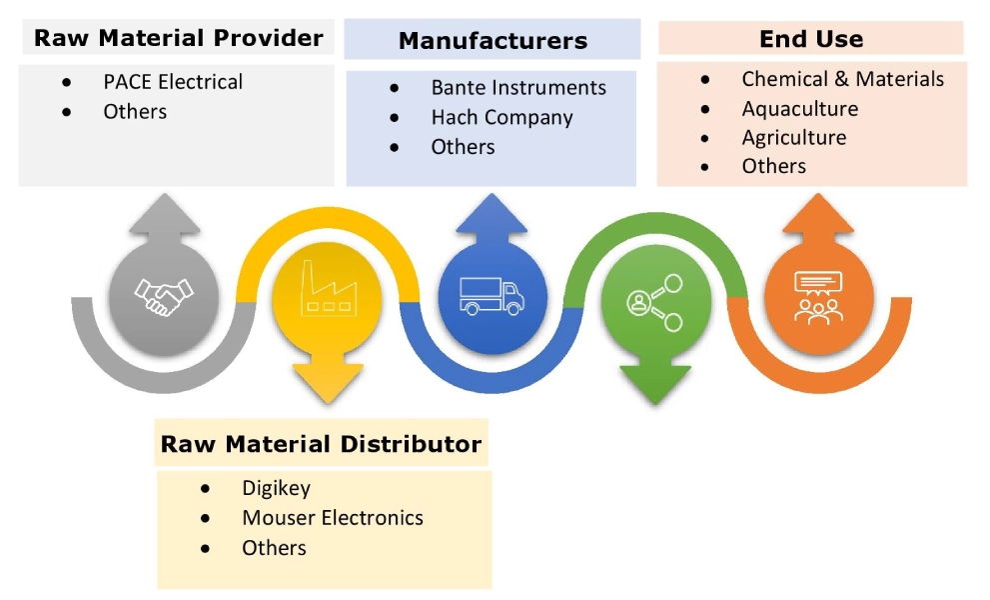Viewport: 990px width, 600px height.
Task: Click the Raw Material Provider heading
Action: coord(179,39)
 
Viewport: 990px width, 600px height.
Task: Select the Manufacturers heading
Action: coord(493,41)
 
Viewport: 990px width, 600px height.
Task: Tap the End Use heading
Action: coord(811,39)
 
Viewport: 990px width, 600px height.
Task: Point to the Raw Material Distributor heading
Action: coord(321,444)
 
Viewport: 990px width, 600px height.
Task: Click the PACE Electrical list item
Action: coord(173,82)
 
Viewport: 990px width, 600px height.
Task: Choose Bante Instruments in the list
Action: coord(518,88)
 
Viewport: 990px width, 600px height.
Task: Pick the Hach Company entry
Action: coord(501,117)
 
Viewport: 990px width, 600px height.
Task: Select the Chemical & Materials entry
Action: coord(842,79)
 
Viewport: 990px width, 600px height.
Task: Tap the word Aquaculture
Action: coord(799,108)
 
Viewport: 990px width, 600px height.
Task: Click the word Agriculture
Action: coord(793,137)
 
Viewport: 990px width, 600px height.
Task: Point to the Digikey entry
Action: coord(276,488)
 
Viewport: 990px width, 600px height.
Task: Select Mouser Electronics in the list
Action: coord(332,518)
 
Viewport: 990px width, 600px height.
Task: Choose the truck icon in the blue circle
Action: coord(493,295)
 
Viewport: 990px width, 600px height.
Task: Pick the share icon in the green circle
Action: coord(655,300)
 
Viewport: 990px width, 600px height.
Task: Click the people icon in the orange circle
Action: coord(818,297)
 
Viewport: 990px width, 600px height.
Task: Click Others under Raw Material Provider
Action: coord(135,111)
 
